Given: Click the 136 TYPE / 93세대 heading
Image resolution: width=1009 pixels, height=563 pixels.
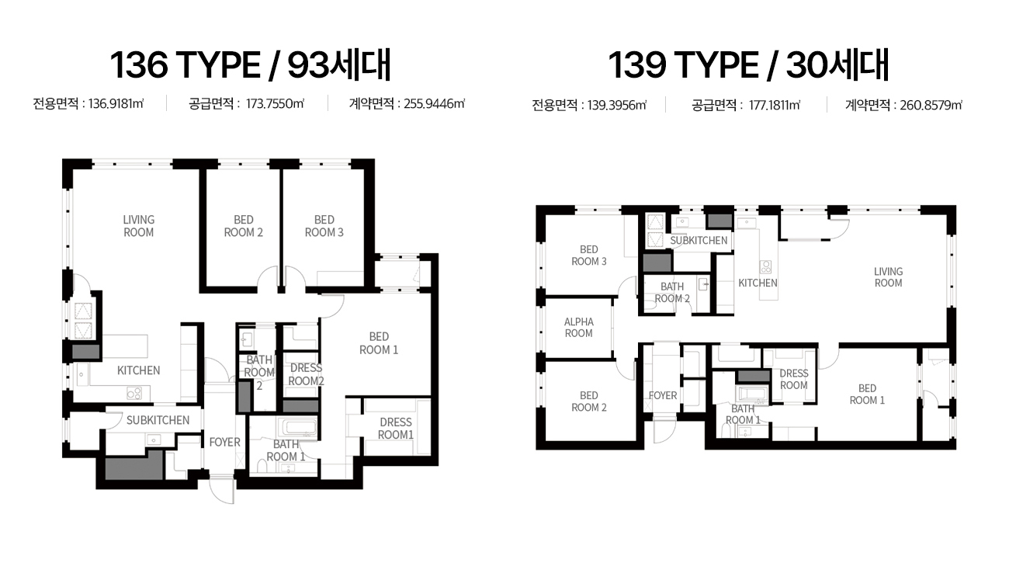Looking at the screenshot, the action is [251, 65].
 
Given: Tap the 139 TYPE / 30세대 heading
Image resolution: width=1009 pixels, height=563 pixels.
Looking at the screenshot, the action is [749, 65].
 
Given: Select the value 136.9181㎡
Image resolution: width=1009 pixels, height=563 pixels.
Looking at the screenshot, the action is [116, 104].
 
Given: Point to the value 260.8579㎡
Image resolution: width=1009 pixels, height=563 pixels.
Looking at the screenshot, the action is [931, 105].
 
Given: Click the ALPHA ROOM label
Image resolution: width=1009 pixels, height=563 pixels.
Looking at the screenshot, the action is [579, 328].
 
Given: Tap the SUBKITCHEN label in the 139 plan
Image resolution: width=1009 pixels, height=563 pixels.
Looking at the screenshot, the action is [699, 240].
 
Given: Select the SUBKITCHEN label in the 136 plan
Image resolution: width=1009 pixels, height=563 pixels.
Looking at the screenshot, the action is [158, 420].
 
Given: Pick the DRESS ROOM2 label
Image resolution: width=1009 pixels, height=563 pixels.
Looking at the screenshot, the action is [306, 374].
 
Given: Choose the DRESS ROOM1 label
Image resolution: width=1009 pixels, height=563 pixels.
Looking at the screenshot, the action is [396, 428].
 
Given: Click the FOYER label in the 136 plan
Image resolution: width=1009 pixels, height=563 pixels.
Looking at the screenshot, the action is [225, 442].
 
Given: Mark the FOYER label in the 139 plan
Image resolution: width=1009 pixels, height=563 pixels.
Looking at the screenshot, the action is [663, 395].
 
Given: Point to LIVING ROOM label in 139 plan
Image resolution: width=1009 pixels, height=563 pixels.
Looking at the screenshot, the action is [888, 277].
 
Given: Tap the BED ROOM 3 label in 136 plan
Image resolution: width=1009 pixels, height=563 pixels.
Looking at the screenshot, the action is [324, 226].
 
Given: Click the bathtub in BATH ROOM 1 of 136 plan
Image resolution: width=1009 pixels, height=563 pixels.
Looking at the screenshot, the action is [296, 428].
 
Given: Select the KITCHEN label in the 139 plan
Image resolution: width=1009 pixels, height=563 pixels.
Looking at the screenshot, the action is [758, 283].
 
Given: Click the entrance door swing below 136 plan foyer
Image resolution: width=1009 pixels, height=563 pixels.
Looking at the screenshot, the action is [222, 491].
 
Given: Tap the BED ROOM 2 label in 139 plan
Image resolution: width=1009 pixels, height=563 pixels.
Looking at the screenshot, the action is [589, 401].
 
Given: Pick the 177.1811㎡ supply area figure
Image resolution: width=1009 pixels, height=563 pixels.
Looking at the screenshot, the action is [775, 105].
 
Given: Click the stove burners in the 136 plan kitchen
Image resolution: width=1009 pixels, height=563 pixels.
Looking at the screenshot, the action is [134, 394].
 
